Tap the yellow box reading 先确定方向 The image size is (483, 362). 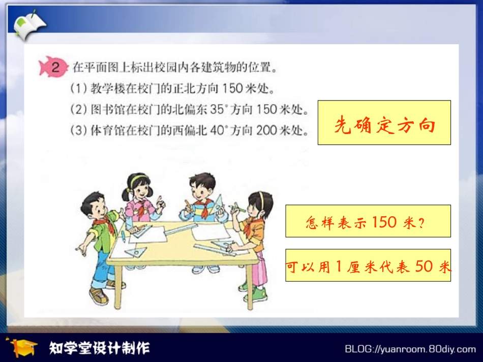(384, 123)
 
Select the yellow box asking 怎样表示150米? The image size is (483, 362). (368, 221)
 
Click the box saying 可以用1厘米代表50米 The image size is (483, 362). (368, 266)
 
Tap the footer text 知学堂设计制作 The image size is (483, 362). (100, 348)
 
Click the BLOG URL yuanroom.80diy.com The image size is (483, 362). (410, 349)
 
